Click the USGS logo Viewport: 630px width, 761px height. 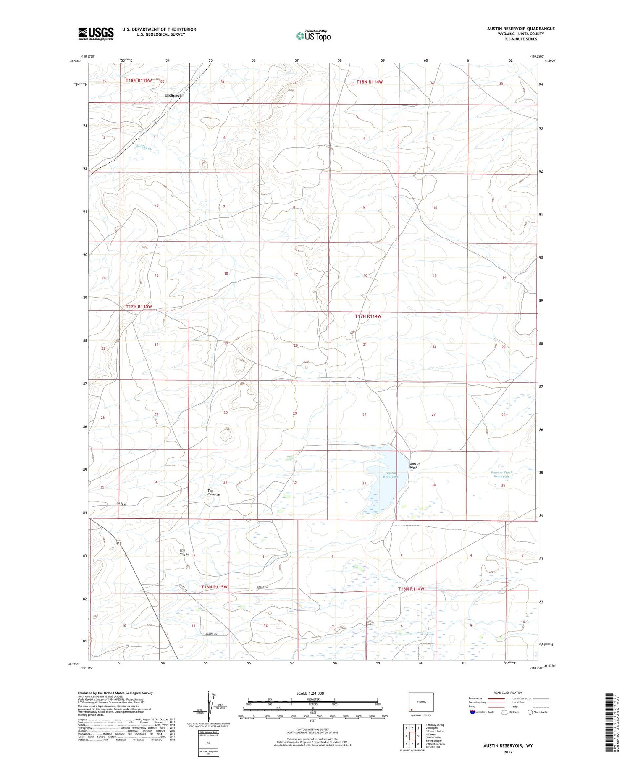[x=96, y=34]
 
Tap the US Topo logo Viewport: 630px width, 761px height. [x=313, y=36]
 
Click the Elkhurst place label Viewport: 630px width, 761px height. [x=173, y=95]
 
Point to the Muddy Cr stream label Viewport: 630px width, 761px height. [x=144, y=147]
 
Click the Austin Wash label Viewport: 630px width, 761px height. [x=414, y=465]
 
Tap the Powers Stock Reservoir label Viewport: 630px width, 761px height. [x=501, y=474]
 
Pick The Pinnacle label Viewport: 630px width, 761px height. [x=213, y=492]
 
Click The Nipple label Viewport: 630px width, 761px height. [x=184, y=552]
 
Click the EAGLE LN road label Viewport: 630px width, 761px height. [x=262, y=587]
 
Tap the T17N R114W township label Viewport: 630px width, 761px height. [x=368, y=316]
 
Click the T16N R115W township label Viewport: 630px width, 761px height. [x=214, y=586]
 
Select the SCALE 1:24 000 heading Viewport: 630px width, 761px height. [x=310, y=693]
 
